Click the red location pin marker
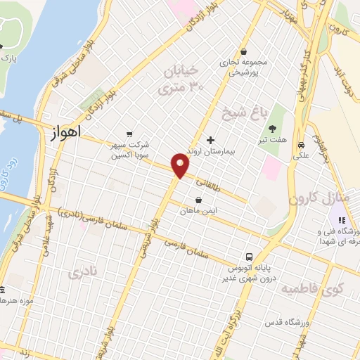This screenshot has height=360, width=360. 181,165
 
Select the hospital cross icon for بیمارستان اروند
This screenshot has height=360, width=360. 210,140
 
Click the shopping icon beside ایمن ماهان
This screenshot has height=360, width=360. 199,200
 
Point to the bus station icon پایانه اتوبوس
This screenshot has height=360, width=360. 249,257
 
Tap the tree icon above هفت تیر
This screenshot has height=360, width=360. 271,127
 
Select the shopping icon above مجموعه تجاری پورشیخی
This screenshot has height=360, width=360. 243,51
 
